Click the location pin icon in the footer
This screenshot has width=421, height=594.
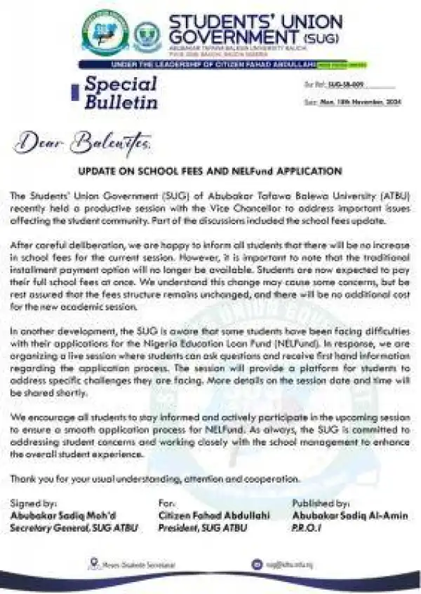93,562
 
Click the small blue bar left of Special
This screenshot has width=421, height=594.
74,92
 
